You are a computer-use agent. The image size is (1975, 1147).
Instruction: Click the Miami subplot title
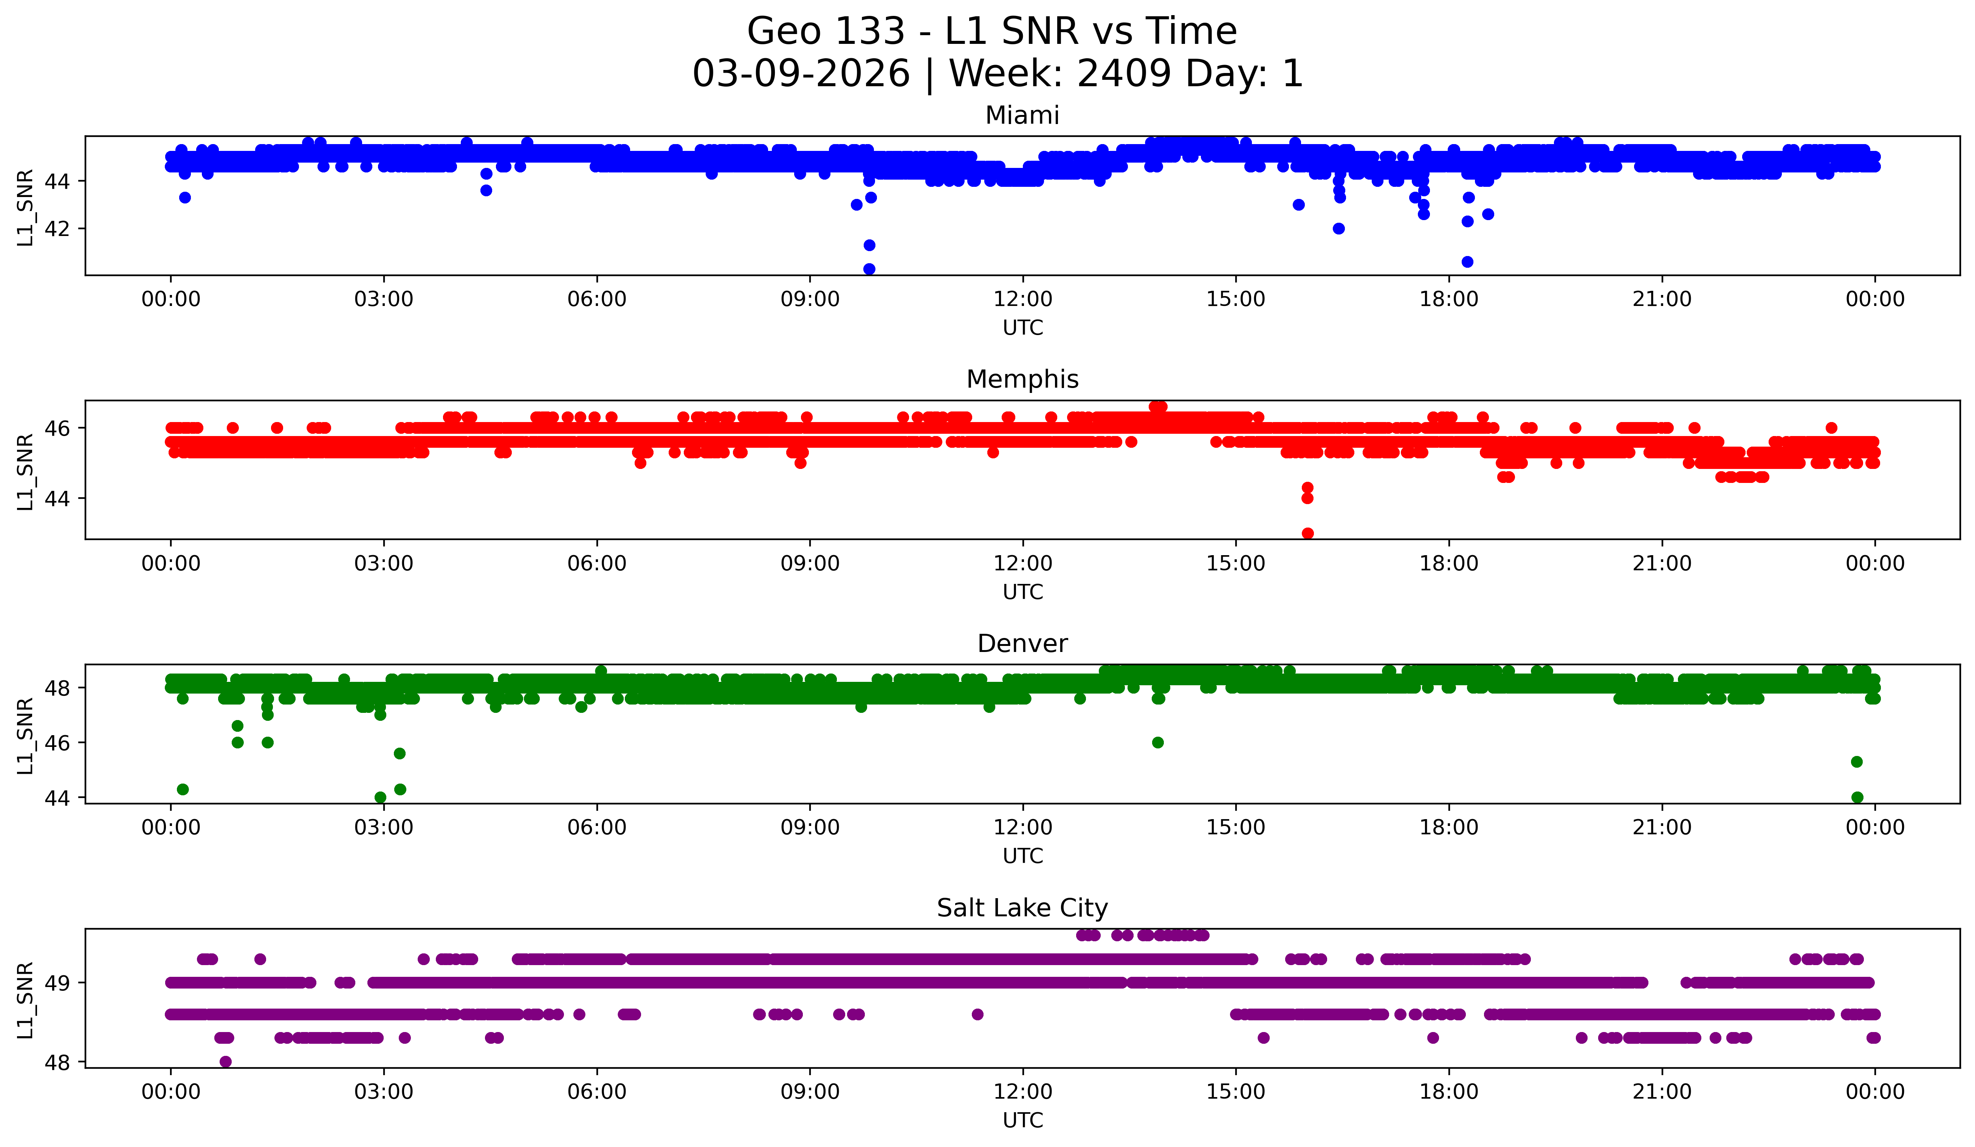tap(1022, 115)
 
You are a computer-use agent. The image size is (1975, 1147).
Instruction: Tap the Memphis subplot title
tap(1022, 379)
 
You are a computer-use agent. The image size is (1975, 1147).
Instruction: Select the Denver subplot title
tap(1022, 644)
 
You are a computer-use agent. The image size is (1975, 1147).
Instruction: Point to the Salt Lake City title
tap(1022, 908)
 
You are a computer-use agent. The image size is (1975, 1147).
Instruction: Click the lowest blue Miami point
tap(869, 269)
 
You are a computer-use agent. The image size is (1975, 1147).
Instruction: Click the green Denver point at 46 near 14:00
tap(1157, 742)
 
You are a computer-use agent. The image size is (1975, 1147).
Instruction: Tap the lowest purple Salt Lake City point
tap(226, 1062)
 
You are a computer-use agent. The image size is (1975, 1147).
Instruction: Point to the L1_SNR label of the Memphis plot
tap(25, 472)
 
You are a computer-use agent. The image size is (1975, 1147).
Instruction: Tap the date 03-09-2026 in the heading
tap(801, 74)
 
